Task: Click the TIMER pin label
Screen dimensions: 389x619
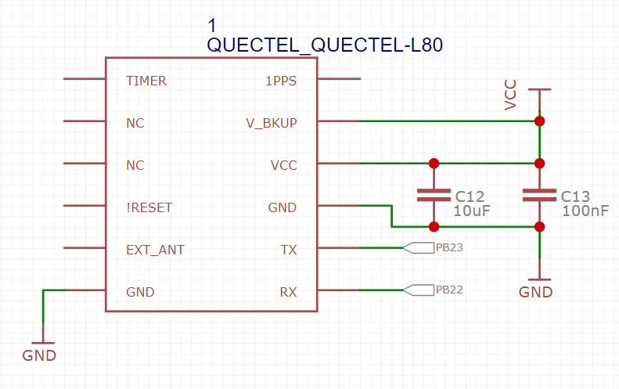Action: [x=146, y=81]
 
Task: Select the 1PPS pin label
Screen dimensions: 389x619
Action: [x=281, y=81]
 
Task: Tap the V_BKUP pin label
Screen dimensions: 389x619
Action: [x=271, y=123]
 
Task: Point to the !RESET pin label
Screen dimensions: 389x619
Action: [x=149, y=207]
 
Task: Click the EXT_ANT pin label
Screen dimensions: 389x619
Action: [x=155, y=250]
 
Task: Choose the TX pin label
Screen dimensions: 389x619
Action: [x=288, y=250]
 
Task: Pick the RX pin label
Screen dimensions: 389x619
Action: [x=288, y=292]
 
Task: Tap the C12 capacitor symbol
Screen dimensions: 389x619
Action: [x=434, y=195]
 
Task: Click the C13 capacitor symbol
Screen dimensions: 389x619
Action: [x=539, y=195]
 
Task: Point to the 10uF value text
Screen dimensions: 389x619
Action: [x=471, y=211]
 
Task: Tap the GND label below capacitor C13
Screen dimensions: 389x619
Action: [x=536, y=292]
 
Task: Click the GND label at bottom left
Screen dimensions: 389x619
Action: [x=39, y=355]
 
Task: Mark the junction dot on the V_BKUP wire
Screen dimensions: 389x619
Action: [x=539, y=121]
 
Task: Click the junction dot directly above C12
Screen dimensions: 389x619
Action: [x=434, y=164]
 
